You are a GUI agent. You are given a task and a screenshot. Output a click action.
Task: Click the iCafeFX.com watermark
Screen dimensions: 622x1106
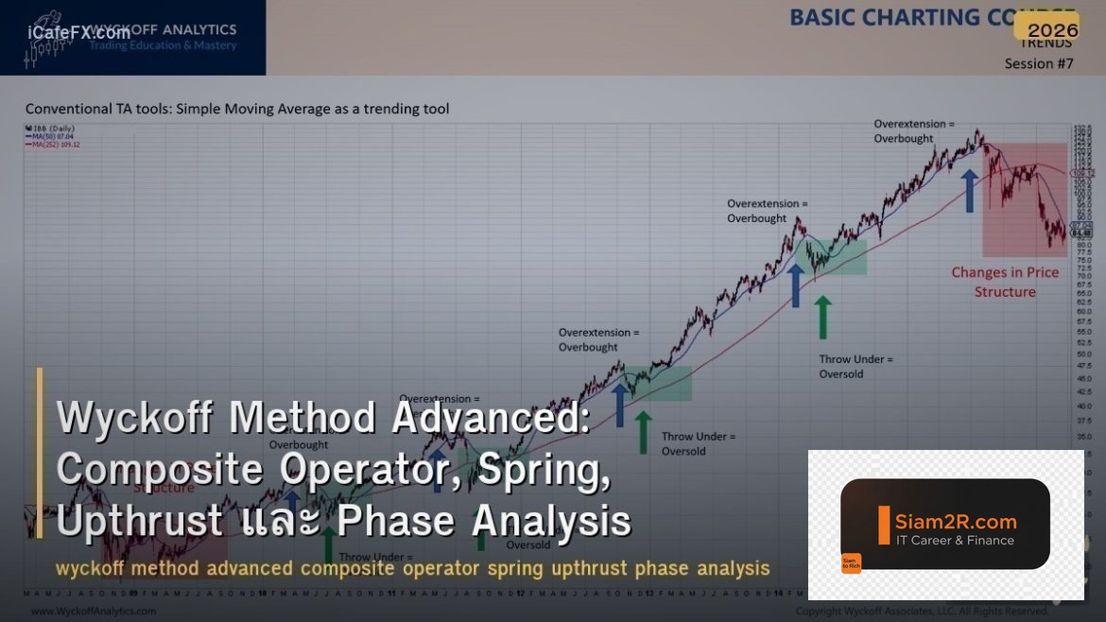79,32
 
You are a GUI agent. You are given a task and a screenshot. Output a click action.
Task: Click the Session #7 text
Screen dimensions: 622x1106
1039,63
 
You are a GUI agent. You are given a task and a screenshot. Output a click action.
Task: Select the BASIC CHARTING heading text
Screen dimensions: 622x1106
884,17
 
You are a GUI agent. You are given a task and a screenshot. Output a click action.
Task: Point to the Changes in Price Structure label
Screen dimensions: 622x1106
1004,282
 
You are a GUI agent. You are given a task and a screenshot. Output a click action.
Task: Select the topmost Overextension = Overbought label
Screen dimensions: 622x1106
914,130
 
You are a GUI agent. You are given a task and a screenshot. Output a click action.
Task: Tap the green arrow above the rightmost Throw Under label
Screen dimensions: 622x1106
822,316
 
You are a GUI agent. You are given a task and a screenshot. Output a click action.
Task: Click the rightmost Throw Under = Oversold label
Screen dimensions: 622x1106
855,366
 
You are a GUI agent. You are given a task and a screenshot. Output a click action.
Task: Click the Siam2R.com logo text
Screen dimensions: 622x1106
956,521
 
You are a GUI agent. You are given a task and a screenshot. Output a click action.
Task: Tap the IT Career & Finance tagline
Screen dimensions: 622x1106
955,541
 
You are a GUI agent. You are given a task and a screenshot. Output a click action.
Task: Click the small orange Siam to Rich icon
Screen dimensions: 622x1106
851,563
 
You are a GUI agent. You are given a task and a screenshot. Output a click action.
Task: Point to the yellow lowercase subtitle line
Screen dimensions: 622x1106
412,568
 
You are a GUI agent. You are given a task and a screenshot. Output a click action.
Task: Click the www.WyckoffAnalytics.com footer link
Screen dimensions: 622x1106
94,612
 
